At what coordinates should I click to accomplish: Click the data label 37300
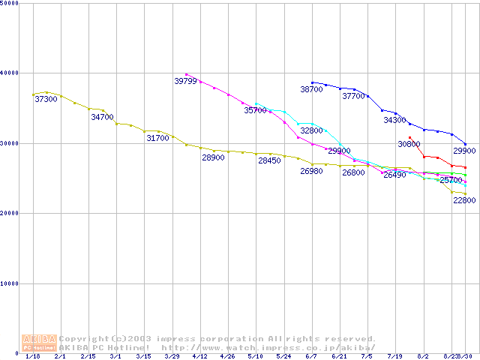tap(46, 99)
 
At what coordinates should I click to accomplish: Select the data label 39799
tap(185, 80)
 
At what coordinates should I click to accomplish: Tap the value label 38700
tap(311, 88)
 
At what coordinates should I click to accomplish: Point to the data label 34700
tap(102, 117)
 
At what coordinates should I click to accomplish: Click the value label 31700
tap(157, 138)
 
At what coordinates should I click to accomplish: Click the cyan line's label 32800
tap(311, 130)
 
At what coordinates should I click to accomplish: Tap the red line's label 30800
tap(409, 143)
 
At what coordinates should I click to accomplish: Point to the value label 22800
tap(464, 200)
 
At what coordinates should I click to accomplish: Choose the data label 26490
tap(394, 175)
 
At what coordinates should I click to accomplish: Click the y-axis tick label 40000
tap(10, 73)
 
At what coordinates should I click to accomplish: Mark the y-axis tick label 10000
tap(10, 283)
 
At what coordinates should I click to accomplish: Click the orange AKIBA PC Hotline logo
tap(39, 343)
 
